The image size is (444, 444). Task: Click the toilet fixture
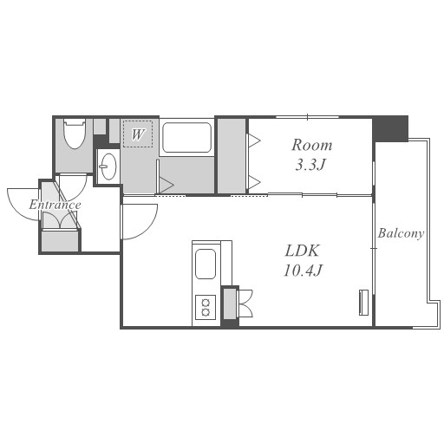pyautogui.click(x=75, y=134)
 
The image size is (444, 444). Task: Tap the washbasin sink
pyautogui.click(x=108, y=166)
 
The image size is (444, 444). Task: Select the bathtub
pyautogui.click(x=186, y=137)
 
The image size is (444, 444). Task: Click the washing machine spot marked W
pyautogui.click(x=138, y=134)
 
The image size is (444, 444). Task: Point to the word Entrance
pyautogui.click(x=55, y=205)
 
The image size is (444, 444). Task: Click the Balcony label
pyautogui.click(x=401, y=233)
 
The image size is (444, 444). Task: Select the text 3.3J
pyautogui.click(x=310, y=165)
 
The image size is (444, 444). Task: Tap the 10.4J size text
pyautogui.click(x=303, y=271)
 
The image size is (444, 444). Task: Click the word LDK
pyautogui.click(x=303, y=251)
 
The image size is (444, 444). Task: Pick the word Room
pyautogui.click(x=312, y=145)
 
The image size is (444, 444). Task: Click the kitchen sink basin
pyautogui.click(x=206, y=264)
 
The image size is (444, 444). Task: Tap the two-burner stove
pyautogui.click(x=206, y=307)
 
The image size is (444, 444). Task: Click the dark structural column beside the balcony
pyautogui.click(x=390, y=128)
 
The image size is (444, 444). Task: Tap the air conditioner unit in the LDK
pyautogui.click(x=363, y=303)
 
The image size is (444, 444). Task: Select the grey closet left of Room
pyautogui.click(x=232, y=156)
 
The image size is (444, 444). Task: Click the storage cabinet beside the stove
pyautogui.click(x=230, y=304)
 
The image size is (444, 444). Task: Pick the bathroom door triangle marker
pyautogui.click(x=166, y=185)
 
